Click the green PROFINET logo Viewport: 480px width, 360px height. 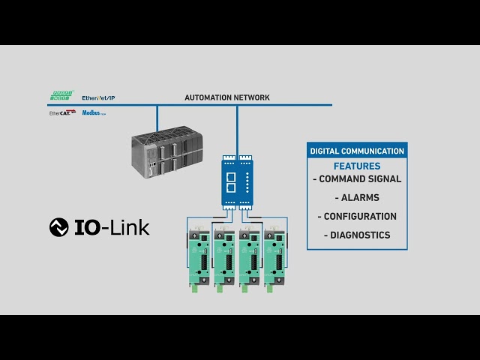click(x=61, y=97)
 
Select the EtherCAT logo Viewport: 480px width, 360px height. click(x=61, y=112)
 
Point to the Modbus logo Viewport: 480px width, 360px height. click(x=93, y=112)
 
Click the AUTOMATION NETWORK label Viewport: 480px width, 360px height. click(x=227, y=97)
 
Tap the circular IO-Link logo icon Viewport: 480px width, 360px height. click(x=58, y=227)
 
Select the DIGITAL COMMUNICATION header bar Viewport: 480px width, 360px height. click(x=357, y=151)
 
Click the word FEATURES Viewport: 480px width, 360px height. click(x=357, y=166)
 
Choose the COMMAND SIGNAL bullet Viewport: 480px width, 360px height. click(x=357, y=179)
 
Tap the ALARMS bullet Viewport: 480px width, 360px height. click(x=357, y=198)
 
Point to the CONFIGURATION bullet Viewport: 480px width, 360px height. click(x=357, y=217)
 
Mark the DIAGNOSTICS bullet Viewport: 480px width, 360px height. click(x=357, y=235)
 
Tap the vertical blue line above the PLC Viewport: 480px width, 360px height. click(x=157, y=117)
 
